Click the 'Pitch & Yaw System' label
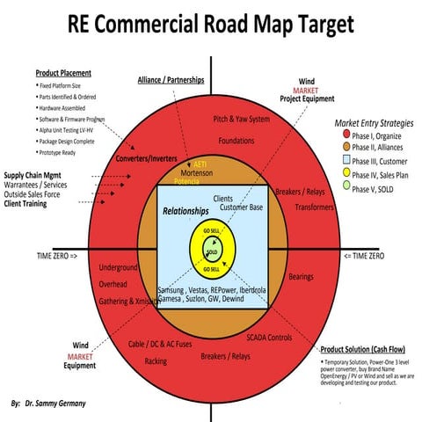[242, 119]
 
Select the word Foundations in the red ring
[236, 140]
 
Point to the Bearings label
[301, 277]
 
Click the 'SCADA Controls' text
[269, 338]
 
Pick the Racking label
[156, 361]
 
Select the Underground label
[119, 267]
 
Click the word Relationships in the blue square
[186, 212]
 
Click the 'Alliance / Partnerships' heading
[171, 80]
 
